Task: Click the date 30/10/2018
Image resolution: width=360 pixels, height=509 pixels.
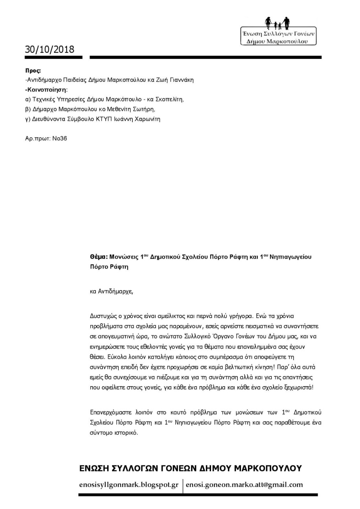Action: pyautogui.click(x=50, y=49)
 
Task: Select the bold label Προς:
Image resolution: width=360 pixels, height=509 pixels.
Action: pyautogui.click(x=33, y=71)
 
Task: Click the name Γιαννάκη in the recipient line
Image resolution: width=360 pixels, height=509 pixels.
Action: pyautogui.click(x=181, y=80)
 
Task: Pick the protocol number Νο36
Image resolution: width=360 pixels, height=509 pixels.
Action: pyautogui.click(x=60, y=139)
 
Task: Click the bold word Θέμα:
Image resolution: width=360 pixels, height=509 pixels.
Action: pyautogui.click(x=99, y=257)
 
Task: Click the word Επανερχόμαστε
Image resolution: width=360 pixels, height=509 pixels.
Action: pyautogui.click(x=110, y=413)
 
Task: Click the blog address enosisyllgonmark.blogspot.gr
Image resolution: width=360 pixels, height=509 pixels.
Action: pyautogui.click(x=129, y=485)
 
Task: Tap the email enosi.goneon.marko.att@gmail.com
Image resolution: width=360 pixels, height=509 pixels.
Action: pyautogui.click(x=244, y=485)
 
